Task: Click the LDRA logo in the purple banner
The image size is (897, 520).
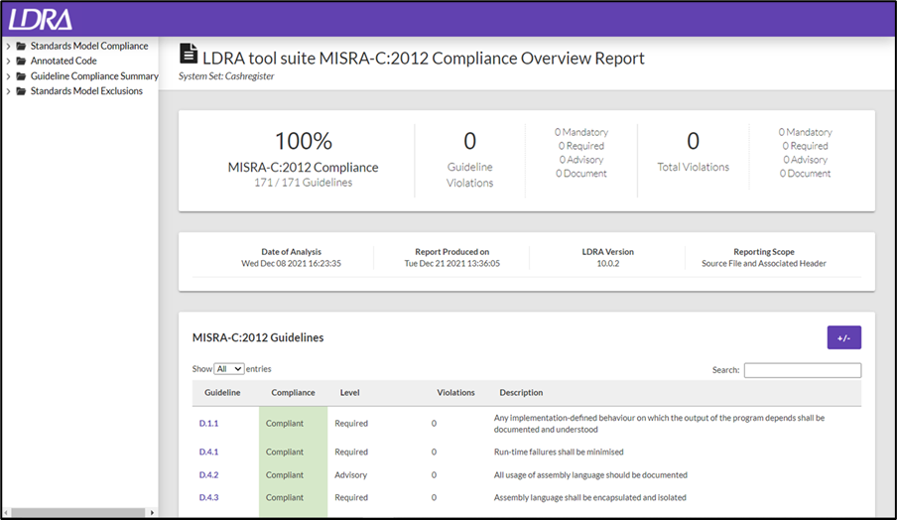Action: [40, 19]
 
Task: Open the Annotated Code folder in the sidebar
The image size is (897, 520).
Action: [64, 61]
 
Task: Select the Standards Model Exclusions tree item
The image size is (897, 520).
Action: [86, 91]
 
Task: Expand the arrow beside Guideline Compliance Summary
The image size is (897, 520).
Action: [8, 76]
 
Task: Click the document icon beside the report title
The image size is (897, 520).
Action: [189, 54]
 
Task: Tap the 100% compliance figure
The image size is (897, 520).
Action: [304, 141]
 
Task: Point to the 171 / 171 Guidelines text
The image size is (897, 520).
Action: [304, 183]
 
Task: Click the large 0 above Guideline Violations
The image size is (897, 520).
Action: [469, 141]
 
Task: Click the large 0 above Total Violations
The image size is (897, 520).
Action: [693, 141]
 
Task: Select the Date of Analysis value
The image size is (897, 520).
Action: [291, 264]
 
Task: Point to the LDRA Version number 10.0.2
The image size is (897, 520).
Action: [608, 264]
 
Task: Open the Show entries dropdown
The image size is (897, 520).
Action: [229, 369]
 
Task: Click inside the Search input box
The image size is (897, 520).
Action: [802, 370]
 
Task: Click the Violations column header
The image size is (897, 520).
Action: [455, 392]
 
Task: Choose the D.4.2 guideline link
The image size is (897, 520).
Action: [208, 474]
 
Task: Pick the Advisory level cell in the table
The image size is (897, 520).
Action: [350, 474]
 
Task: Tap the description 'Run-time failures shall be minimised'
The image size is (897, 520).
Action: [559, 452]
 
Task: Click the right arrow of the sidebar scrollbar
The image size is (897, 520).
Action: [152, 513]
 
